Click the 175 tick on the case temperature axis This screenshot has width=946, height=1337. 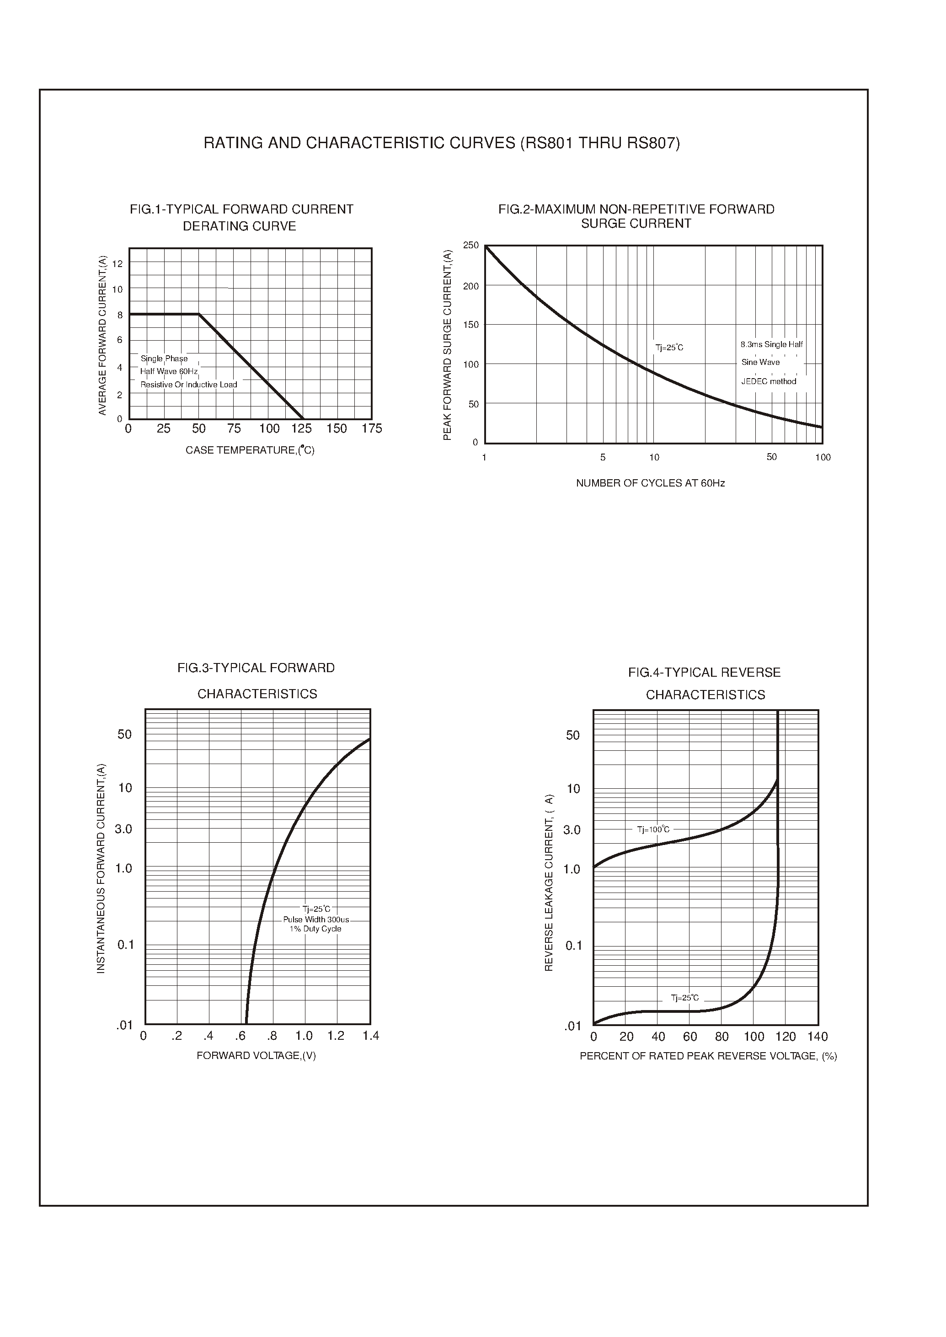point(372,429)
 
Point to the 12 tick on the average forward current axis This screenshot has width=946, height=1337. point(118,264)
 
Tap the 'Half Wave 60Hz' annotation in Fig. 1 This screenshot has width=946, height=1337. point(169,372)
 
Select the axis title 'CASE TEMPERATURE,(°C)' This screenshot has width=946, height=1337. point(250,450)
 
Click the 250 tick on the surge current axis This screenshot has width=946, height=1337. point(470,245)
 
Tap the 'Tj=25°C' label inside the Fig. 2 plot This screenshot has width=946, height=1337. point(669,348)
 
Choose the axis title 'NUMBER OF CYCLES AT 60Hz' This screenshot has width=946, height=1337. point(650,483)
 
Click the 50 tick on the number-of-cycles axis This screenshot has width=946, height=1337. point(772,457)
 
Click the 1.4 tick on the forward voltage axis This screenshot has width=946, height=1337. point(370,1035)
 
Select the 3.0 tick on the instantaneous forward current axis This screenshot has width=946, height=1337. point(123,829)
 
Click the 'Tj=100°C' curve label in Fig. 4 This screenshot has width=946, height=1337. point(653,829)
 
